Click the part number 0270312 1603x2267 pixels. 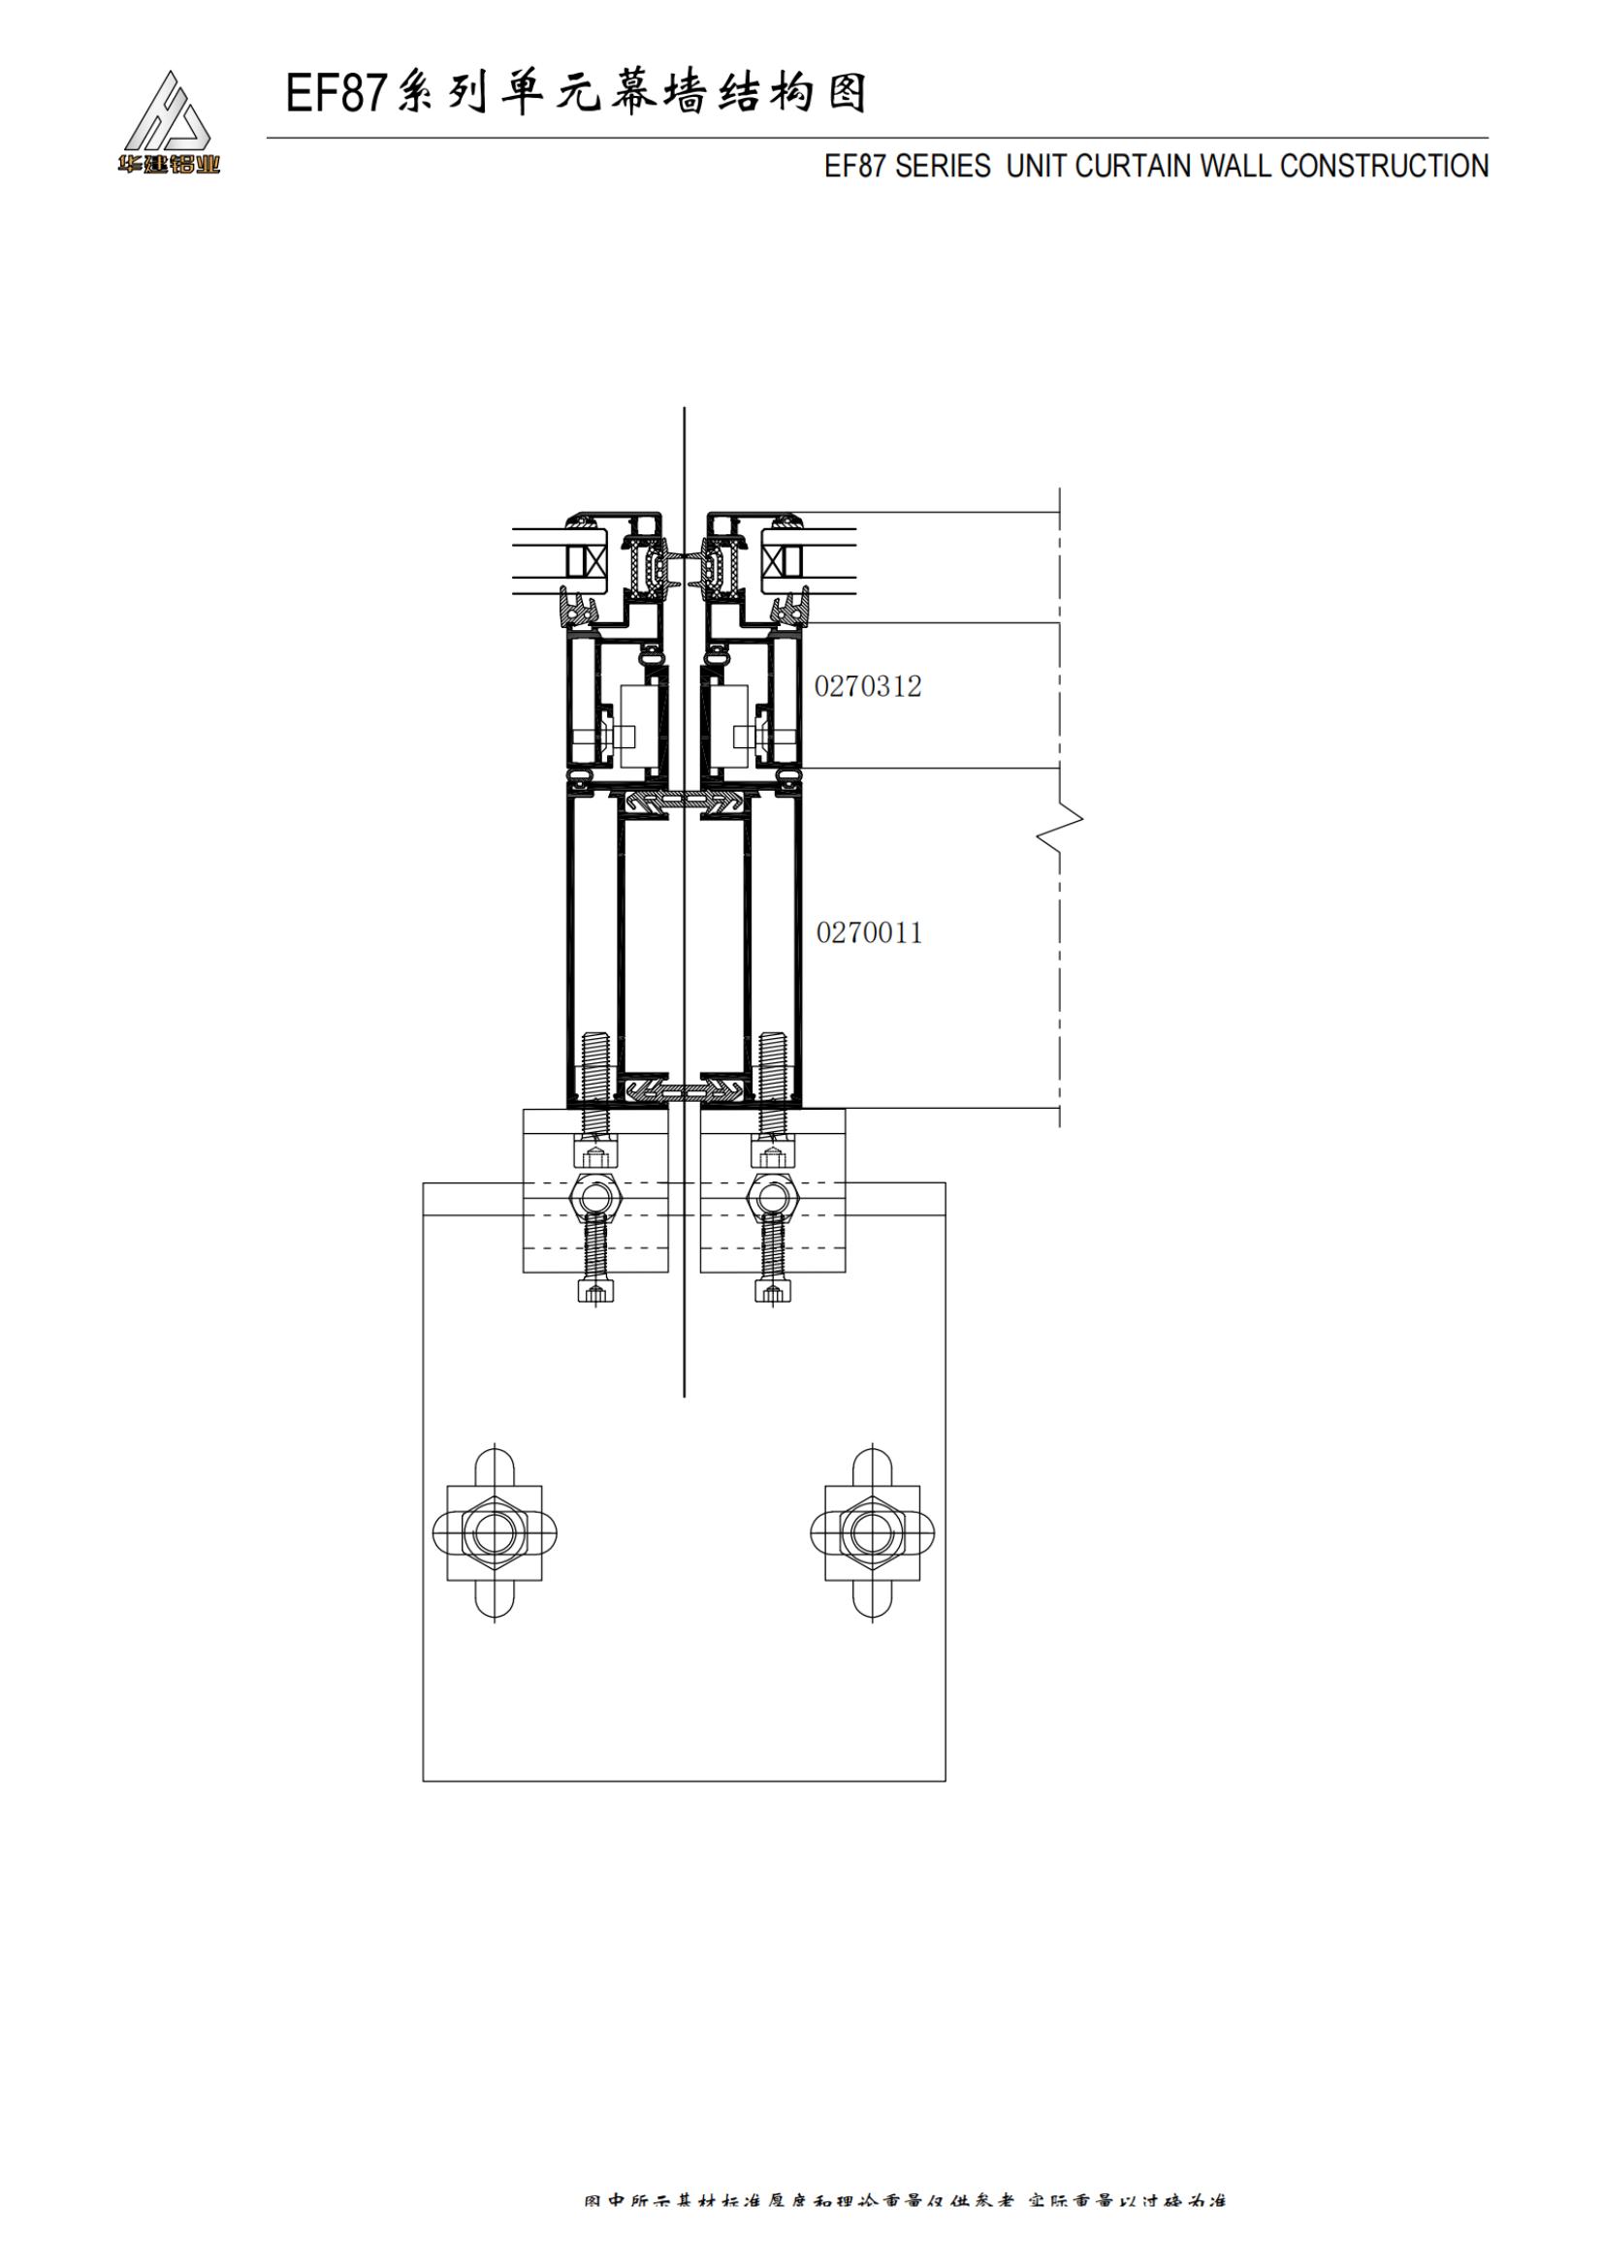(x=867, y=686)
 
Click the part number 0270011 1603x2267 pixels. (x=869, y=933)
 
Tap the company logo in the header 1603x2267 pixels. (x=168, y=123)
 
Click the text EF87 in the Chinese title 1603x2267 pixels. (x=336, y=95)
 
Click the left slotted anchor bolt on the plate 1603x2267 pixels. (x=494, y=1532)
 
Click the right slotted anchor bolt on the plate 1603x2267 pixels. (x=872, y=1532)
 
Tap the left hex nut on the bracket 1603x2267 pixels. (x=594, y=1198)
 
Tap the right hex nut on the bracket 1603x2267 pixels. (x=772, y=1198)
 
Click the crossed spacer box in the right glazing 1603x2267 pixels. (x=773, y=563)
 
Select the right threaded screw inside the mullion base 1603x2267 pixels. (x=772, y=1066)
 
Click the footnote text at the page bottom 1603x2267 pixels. (x=904, y=2227)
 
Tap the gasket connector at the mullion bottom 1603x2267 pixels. (x=684, y=1090)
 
